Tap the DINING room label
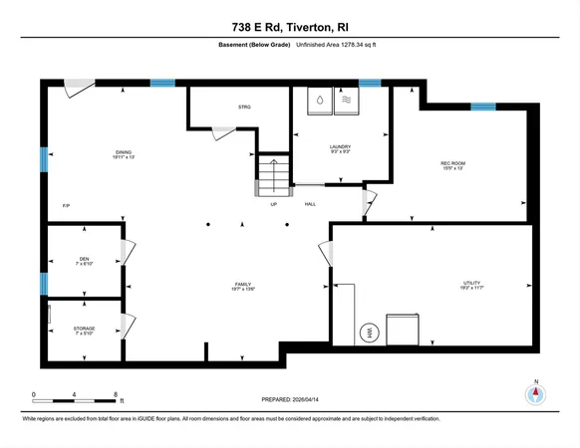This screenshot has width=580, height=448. click(123, 152)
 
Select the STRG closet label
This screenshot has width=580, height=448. click(244, 107)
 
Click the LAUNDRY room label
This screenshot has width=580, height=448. click(341, 146)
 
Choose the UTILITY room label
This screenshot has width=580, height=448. click(471, 283)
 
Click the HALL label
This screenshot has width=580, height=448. click(310, 205)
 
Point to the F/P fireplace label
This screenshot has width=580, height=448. click(67, 205)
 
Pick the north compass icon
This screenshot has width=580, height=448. click(537, 392)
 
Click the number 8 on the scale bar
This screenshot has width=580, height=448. click(119, 395)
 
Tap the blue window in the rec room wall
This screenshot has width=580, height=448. click(482, 107)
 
